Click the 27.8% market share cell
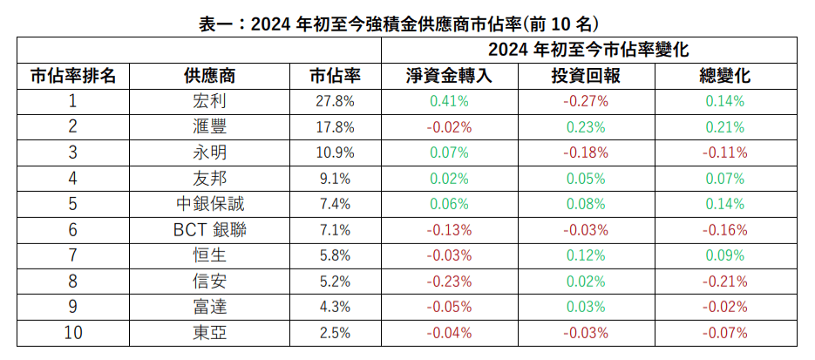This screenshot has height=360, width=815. pyautogui.click(x=335, y=101)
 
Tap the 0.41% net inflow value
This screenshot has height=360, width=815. pyautogui.click(x=449, y=101)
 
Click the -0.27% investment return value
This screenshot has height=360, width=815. pyautogui.click(x=586, y=101)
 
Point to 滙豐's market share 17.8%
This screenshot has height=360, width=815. pyautogui.click(x=335, y=127)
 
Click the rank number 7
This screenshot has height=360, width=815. pyautogui.click(x=73, y=256)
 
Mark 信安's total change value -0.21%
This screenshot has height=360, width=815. pyautogui.click(x=725, y=282)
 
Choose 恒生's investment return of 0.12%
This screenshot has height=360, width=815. pyautogui.click(x=586, y=256)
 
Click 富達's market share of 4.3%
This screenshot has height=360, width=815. pyautogui.click(x=335, y=308)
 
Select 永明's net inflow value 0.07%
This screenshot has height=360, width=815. pyautogui.click(x=449, y=153)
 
